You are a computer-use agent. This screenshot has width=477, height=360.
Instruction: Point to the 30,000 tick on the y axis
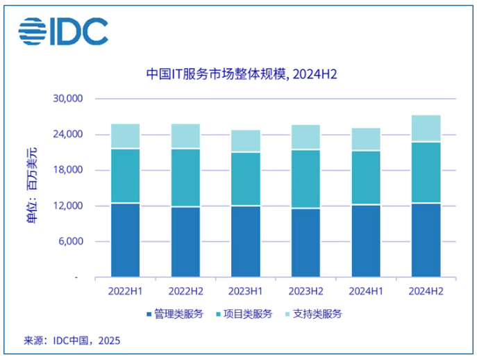click(x=68, y=99)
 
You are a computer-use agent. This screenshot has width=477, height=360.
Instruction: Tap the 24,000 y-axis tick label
click(x=68, y=134)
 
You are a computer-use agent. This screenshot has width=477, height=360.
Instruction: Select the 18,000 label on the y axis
click(x=68, y=170)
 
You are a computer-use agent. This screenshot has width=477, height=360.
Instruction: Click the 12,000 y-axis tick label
click(x=68, y=206)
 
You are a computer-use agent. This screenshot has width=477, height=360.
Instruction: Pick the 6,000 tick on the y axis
click(x=71, y=242)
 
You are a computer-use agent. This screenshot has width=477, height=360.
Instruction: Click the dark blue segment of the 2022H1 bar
click(x=125, y=240)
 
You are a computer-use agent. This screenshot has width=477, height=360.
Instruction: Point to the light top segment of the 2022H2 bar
click(x=185, y=136)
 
